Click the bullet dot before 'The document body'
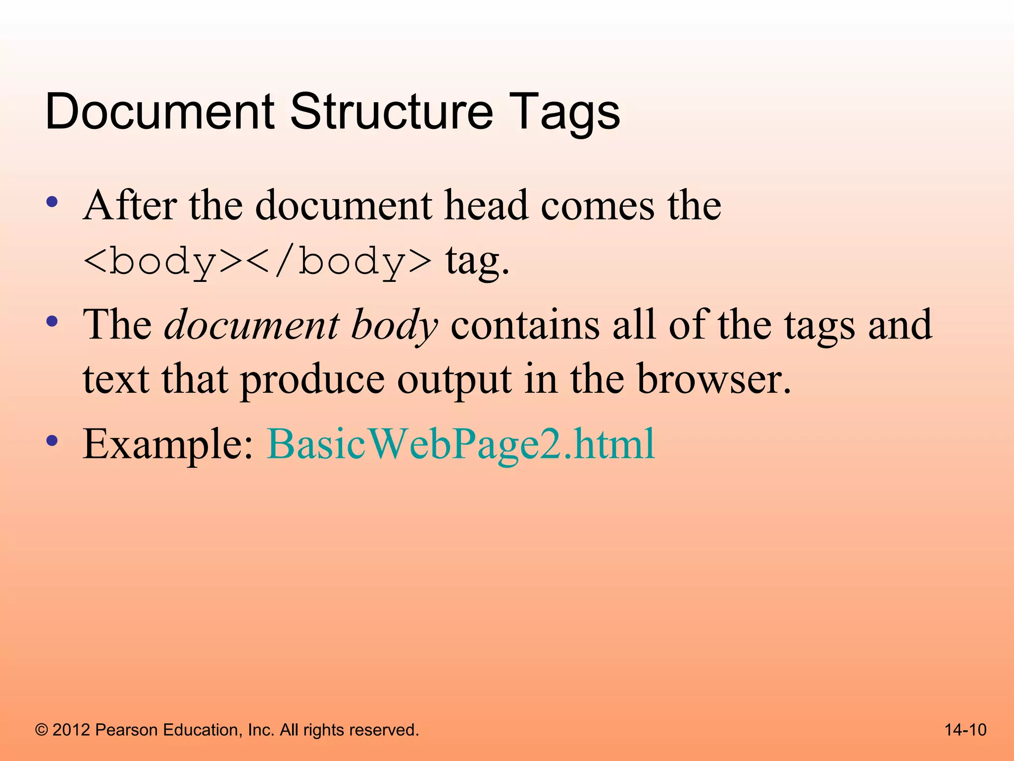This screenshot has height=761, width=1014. (x=52, y=322)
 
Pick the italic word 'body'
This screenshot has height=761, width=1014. (x=394, y=326)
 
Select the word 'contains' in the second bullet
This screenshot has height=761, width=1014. (x=525, y=325)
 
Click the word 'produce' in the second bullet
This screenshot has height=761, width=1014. (x=312, y=380)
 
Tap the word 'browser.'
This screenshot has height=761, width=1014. (x=713, y=380)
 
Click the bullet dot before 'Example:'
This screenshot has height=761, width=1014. (x=52, y=440)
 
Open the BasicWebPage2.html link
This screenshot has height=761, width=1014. (x=460, y=444)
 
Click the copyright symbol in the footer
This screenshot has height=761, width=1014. (x=42, y=730)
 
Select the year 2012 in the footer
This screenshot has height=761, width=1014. (x=71, y=730)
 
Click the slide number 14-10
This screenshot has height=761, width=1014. (x=965, y=730)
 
